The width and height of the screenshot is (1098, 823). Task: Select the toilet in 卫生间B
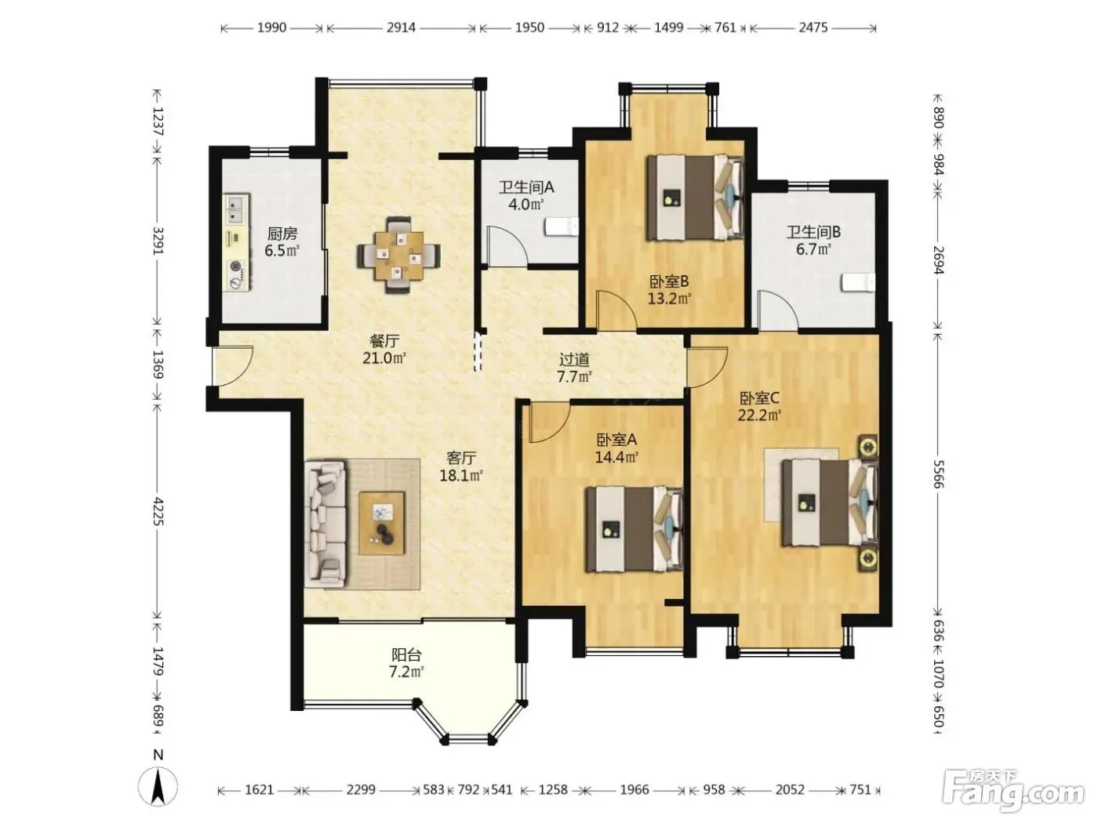click(x=858, y=282)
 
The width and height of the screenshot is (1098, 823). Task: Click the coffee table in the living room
click(x=382, y=523)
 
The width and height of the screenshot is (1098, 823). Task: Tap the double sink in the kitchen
click(x=235, y=208)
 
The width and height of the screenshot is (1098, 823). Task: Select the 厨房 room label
click(x=282, y=234)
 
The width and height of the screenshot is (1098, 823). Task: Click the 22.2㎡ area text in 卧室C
click(x=759, y=415)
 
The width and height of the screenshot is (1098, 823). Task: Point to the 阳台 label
click(x=406, y=654)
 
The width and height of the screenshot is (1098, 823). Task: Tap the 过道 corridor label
click(x=574, y=359)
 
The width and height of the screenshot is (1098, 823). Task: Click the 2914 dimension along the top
click(x=401, y=27)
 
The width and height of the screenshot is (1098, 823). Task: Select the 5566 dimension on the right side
click(x=939, y=474)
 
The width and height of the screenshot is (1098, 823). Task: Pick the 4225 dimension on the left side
click(x=158, y=512)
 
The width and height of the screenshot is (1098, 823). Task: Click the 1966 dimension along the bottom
click(x=634, y=789)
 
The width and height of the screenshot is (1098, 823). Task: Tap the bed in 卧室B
click(x=695, y=198)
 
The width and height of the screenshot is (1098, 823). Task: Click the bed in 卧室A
click(x=634, y=529)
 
